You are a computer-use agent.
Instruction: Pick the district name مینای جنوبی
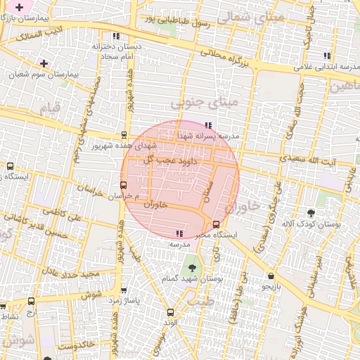(205, 104)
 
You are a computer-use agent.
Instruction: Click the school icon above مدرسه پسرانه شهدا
(206, 125)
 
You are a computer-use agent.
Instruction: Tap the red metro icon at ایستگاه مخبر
(216, 226)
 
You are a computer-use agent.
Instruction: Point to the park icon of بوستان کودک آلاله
(311, 213)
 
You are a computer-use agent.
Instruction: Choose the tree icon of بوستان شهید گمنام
(190, 268)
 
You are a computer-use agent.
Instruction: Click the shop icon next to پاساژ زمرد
(124, 289)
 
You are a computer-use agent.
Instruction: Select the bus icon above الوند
(169, 312)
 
